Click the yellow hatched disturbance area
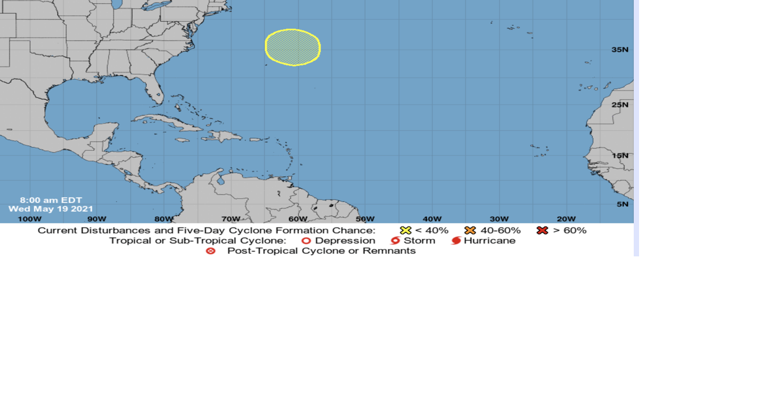(292, 47)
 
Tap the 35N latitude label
(620, 50)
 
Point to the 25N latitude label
(620, 104)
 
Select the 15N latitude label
(620, 156)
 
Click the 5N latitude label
(622, 204)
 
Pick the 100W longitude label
(29, 219)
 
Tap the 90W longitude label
(96, 219)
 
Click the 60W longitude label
(298, 219)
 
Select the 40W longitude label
(432, 219)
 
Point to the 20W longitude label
(566, 219)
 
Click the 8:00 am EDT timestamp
(51, 200)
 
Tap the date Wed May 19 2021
(51, 209)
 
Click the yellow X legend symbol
(406, 230)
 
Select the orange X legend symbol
(470, 230)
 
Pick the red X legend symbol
(542, 230)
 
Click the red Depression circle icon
(306, 241)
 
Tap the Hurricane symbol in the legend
(456, 241)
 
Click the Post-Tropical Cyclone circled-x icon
(211, 251)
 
